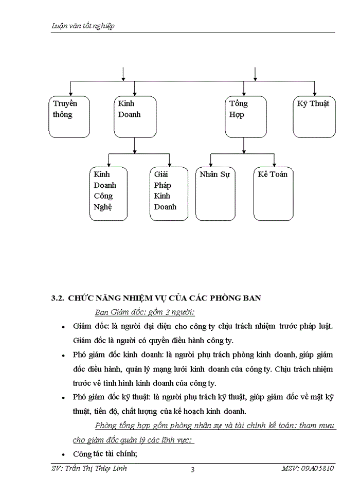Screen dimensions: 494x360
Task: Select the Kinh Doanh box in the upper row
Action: pyautogui.click(x=135, y=117)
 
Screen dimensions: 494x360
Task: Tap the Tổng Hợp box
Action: pyautogui.click(x=246, y=117)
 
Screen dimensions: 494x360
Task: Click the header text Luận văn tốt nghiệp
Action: pyautogui.click(x=83, y=26)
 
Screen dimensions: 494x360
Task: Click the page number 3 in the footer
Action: pyautogui.click(x=192, y=469)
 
